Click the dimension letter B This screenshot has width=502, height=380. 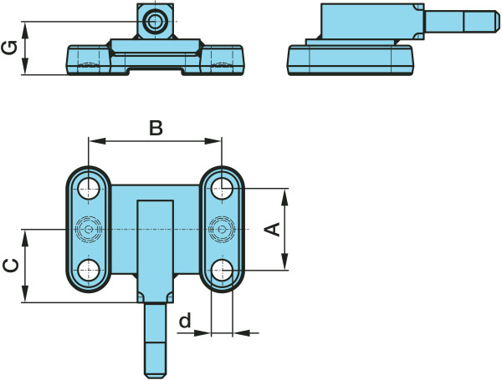(x=156, y=128)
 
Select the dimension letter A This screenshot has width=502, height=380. (x=273, y=229)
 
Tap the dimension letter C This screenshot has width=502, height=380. (x=11, y=266)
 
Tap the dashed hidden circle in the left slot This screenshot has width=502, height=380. (x=88, y=228)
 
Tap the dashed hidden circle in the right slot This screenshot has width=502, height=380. (x=222, y=228)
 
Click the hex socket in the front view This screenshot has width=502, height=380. (x=155, y=21)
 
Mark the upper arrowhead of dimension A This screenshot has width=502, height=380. (x=286, y=195)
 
